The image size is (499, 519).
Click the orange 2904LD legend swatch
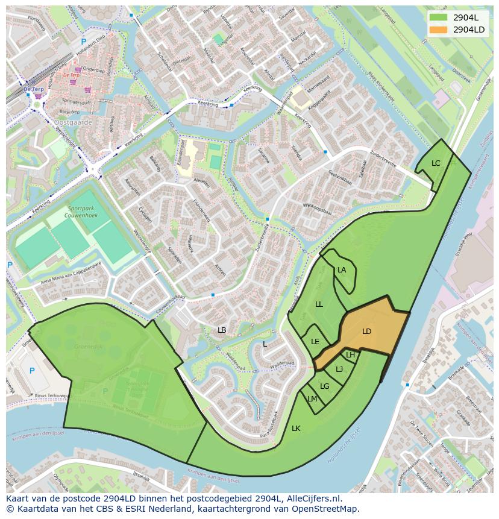pyautogui.click(x=439, y=30)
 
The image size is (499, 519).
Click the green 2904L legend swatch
pyautogui.click(x=439, y=17)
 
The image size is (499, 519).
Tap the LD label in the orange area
pyautogui.click(x=366, y=332)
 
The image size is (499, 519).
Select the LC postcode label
pyautogui.click(x=436, y=163)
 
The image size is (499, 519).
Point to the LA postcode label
pyautogui.click(x=342, y=270)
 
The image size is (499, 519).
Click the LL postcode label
pyautogui.click(x=319, y=304)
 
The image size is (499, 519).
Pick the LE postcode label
pyautogui.click(x=315, y=342)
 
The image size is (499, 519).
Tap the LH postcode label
pyautogui.click(x=350, y=355)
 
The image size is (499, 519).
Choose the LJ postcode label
pyautogui.click(x=339, y=370)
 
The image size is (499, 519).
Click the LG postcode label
pyautogui.click(x=324, y=386)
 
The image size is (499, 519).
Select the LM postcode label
pyautogui.click(x=312, y=399)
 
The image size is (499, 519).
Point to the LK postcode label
pyautogui.click(x=296, y=429)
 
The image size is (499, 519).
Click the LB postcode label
pyautogui.click(x=222, y=330)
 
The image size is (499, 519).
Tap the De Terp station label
pyautogui.click(x=35, y=89)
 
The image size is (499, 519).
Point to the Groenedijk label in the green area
pyautogui.click(x=87, y=347)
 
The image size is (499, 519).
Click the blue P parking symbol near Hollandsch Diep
pyautogui.click(x=83, y=42)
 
